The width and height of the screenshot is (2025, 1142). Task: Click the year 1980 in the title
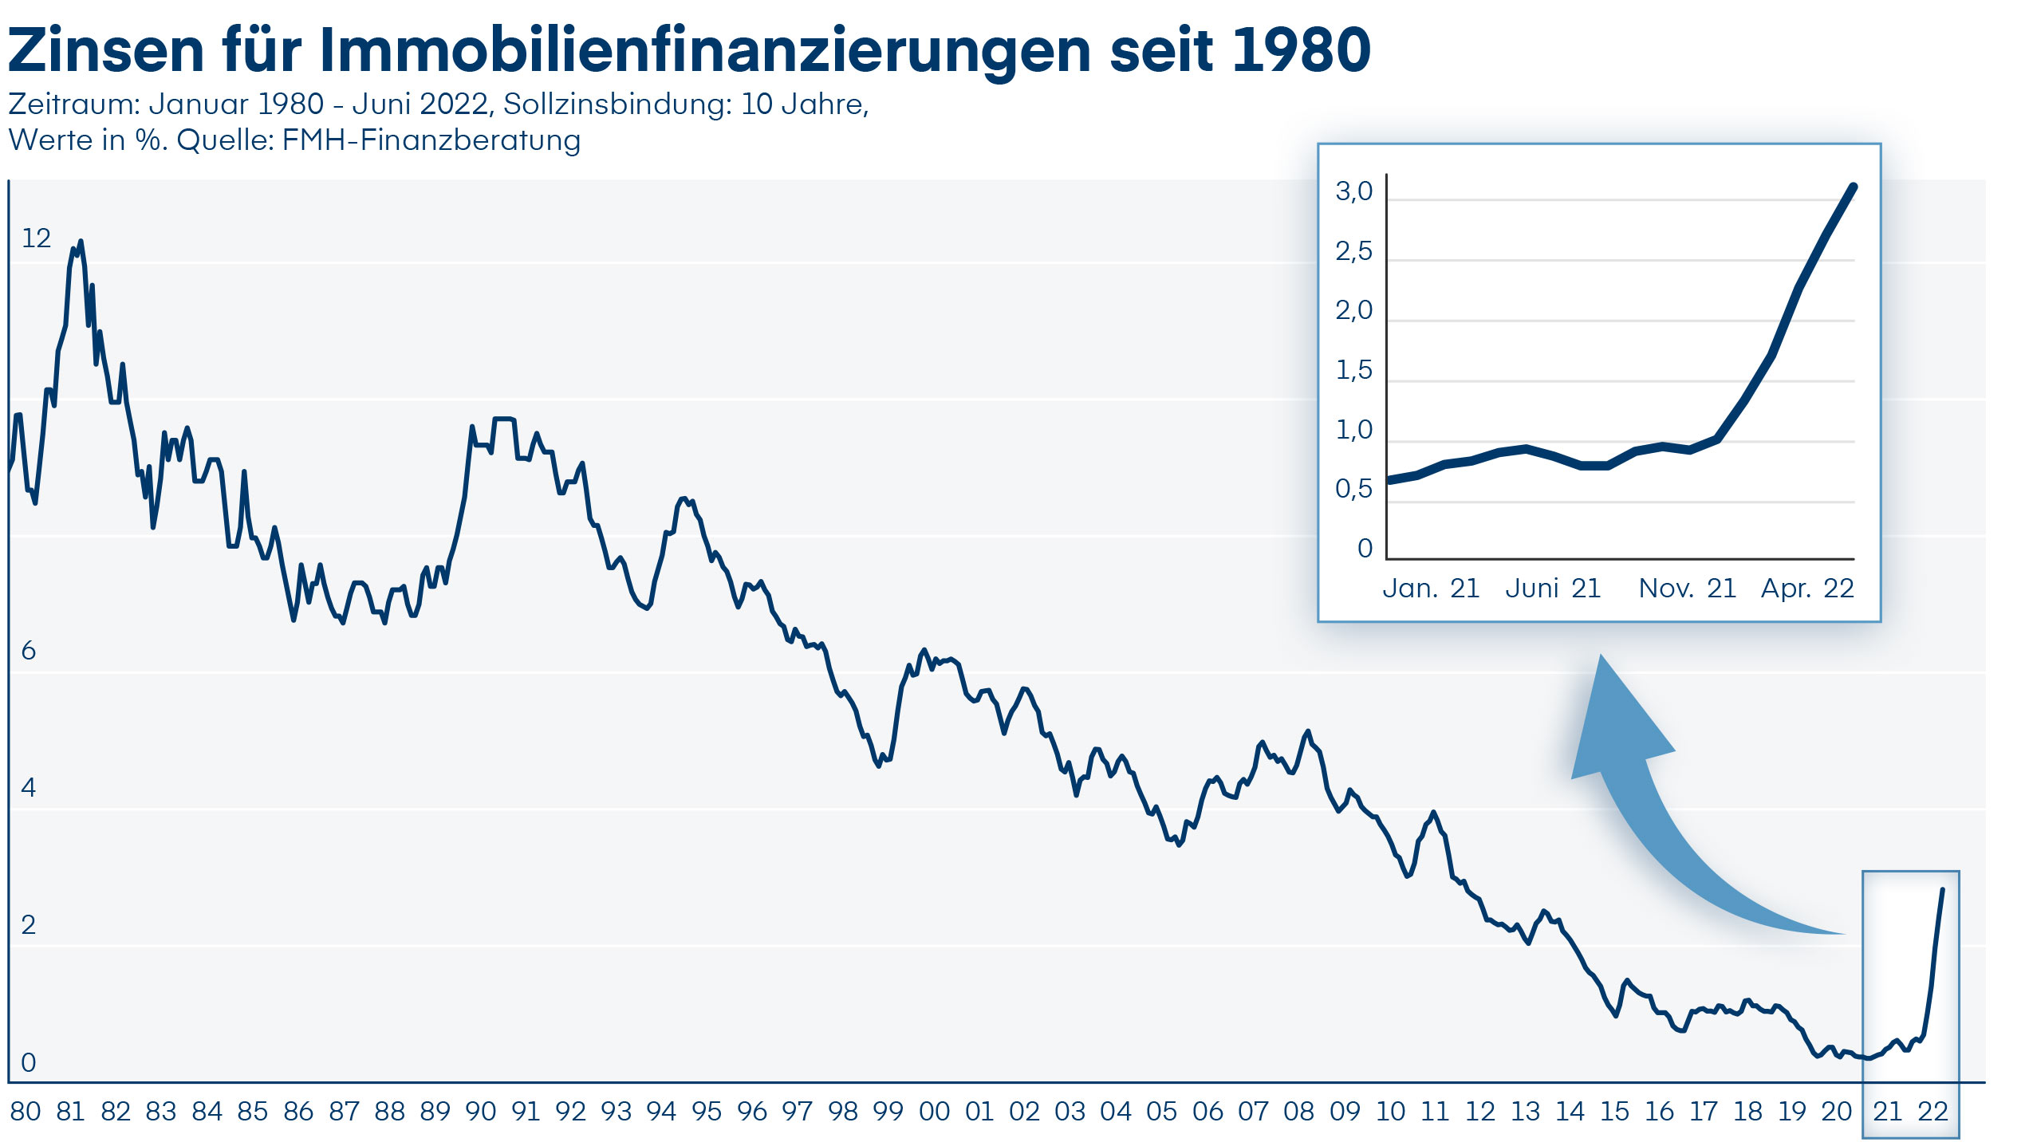tap(1301, 49)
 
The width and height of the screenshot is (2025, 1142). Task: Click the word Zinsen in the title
tap(106, 49)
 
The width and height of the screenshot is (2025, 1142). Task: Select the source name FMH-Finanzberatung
tap(431, 140)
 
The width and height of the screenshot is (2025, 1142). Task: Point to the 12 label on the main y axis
tap(36, 238)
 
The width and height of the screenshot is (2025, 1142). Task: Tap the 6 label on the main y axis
tap(29, 651)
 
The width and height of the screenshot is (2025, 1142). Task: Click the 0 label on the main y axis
tap(29, 1062)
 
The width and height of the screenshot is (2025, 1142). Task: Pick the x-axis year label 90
tap(480, 1111)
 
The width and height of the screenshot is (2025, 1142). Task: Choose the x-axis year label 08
tap(1298, 1111)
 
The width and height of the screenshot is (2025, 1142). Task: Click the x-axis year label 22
tap(1932, 1111)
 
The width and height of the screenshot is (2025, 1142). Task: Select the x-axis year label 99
tap(888, 1111)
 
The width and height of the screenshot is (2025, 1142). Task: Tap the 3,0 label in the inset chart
tap(1353, 191)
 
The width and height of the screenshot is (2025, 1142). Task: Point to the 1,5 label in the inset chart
tap(1353, 370)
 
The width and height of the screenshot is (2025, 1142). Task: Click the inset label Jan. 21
tap(1431, 589)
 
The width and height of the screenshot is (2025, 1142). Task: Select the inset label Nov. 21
tap(1687, 589)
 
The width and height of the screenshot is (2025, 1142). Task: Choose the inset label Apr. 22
tap(1807, 589)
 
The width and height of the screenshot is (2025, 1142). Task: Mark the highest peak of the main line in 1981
tap(81, 242)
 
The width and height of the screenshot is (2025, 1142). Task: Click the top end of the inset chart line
tap(1854, 187)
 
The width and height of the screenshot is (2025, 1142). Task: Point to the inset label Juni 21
tap(1553, 589)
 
